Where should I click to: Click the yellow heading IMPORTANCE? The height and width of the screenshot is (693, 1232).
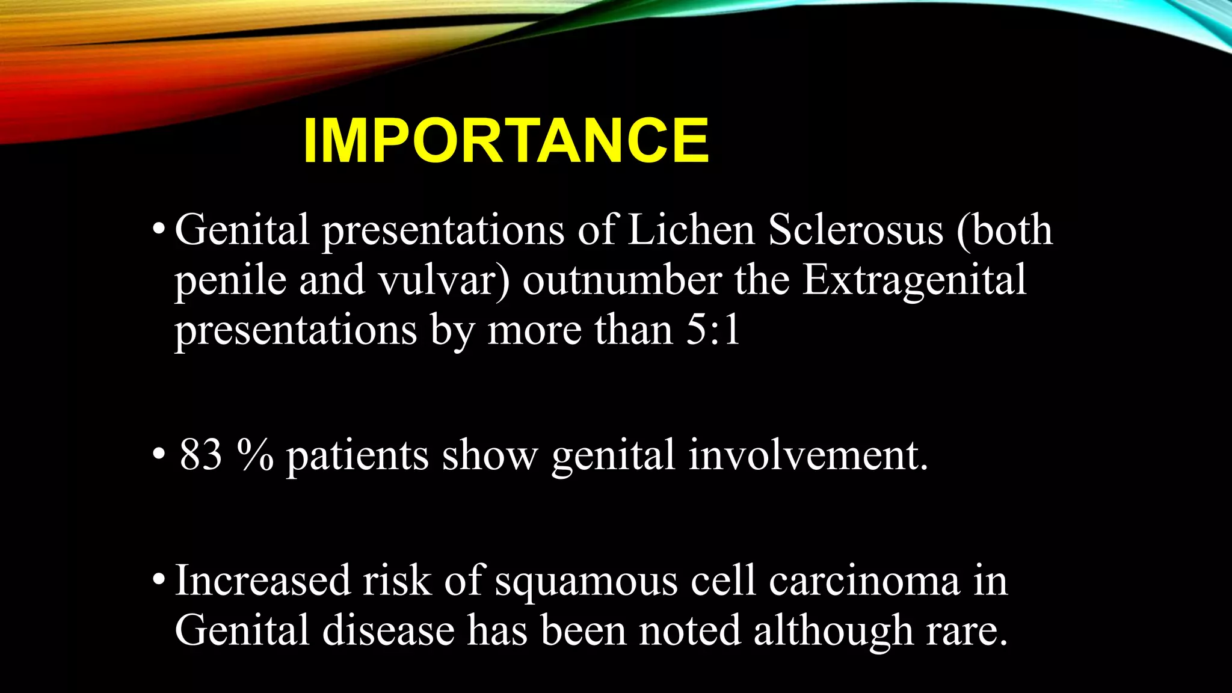coord(506,140)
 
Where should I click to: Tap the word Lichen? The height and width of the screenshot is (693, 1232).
coord(691,230)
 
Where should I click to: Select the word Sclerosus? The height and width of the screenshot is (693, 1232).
coord(855,230)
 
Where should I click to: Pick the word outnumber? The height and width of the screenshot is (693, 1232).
coord(621,281)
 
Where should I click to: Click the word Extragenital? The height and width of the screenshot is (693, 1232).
coord(914,281)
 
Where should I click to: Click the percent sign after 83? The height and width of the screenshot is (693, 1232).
coord(255,456)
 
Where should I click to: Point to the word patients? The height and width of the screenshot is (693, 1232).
coord(357,456)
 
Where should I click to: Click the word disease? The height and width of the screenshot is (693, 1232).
coord(388,630)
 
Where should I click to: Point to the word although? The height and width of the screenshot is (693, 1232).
coord(833,632)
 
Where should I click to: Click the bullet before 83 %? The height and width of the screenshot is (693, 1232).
coord(158,455)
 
